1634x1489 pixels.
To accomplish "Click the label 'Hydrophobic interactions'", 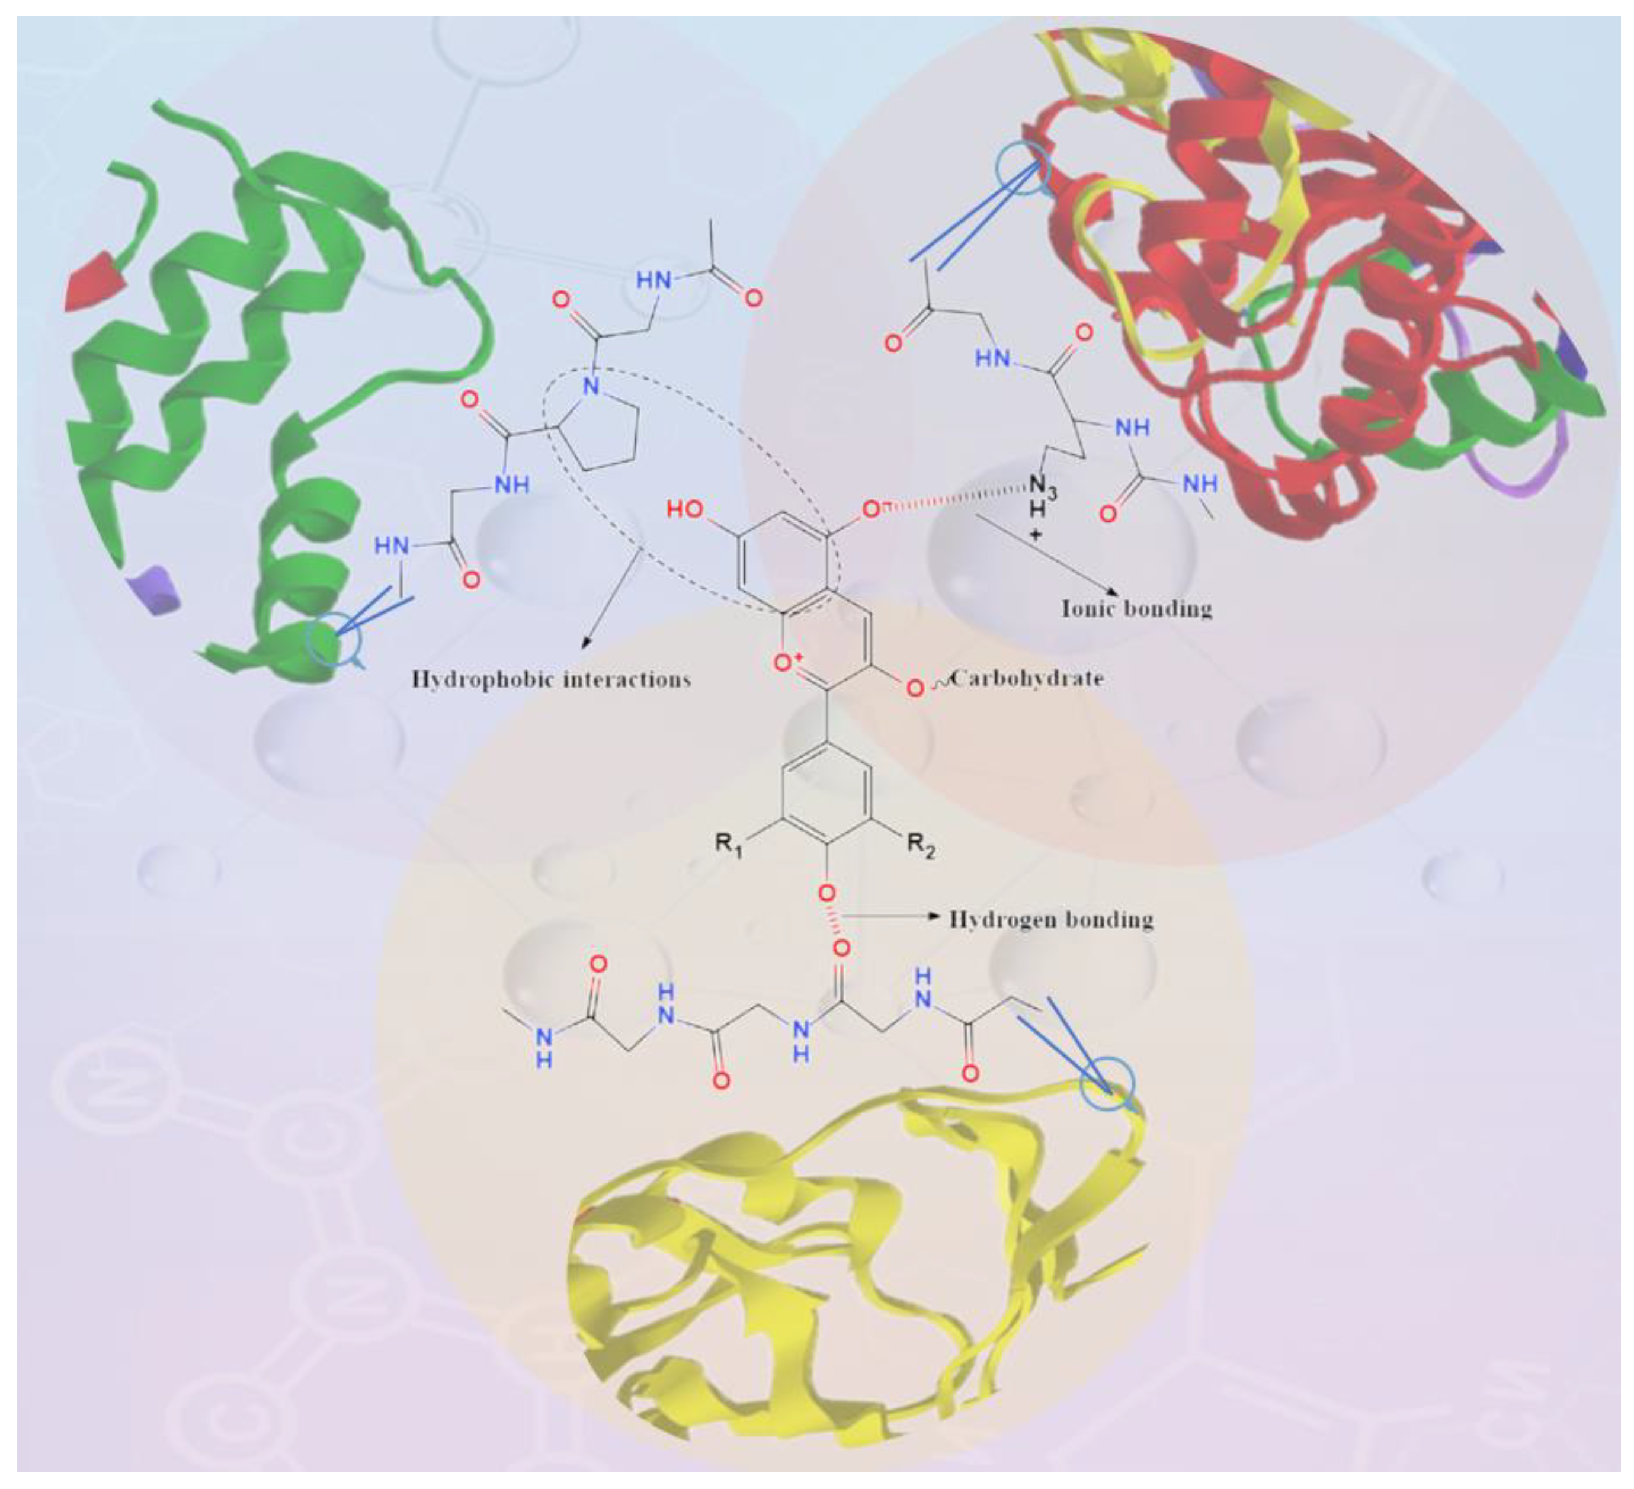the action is (551, 679).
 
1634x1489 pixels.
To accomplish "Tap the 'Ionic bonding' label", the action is (1136, 608).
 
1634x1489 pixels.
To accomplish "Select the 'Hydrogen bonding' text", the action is (1051, 919).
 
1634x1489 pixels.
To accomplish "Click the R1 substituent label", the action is (728, 846).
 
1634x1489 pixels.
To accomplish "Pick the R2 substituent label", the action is (921, 846).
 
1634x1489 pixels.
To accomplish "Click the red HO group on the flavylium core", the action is (685, 509).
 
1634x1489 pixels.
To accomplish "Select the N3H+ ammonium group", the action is (1040, 496).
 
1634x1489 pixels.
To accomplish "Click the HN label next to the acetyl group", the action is (653, 280).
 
